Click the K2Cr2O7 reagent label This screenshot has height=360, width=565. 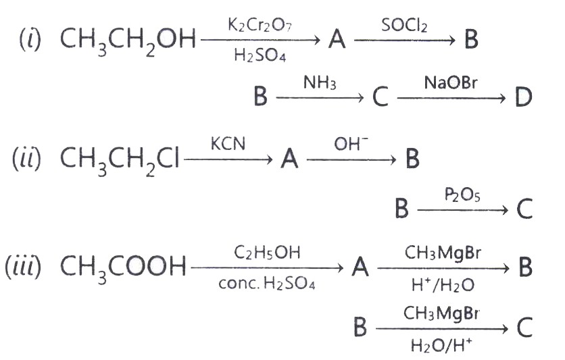[260, 25]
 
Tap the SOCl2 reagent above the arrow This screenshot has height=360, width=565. [404, 25]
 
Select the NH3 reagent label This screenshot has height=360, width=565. [320, 82]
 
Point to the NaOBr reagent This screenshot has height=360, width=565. [450, 82]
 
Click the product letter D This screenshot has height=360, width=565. [524, 97]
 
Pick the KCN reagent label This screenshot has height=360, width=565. [228, 144]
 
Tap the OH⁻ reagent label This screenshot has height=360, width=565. [351, 144]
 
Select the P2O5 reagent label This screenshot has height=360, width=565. [462, 195]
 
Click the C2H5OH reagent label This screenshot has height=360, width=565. [267, 253]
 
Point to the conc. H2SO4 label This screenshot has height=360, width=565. [267, 284]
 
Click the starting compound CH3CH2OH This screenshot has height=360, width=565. [128, 41]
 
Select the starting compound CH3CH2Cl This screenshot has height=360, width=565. [119, 160]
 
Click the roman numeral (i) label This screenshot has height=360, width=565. [30, 39]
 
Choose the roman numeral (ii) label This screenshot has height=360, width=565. [26, 159]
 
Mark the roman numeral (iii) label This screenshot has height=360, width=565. [23, 267]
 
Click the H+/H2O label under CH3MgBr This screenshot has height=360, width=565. [443, 285]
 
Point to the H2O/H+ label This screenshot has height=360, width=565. [441, 346]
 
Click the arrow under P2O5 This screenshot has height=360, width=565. [463, 209]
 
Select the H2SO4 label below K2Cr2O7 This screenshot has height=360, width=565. [260, 56]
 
